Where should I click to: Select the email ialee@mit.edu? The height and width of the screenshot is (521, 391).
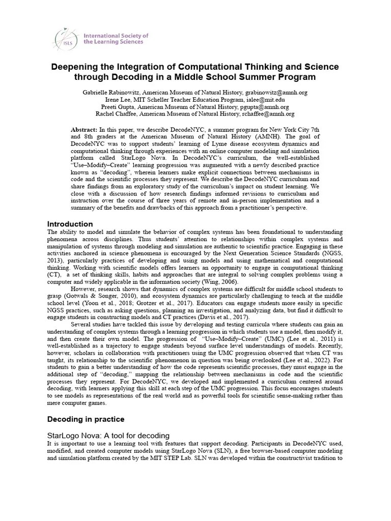coord(257,100)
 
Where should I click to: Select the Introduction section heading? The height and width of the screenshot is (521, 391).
coord(70,224)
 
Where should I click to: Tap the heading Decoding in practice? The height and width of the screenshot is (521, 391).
coord(85,419)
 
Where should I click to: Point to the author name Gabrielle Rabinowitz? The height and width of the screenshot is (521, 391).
coord(110,93)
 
